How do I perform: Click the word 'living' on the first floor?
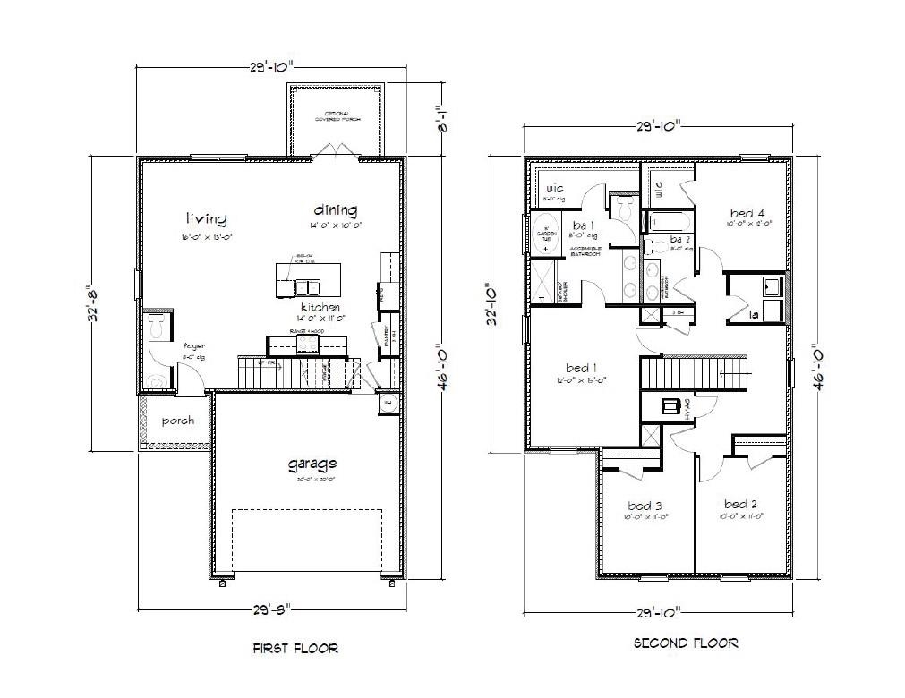(206, 218)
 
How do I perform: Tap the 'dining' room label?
(336, 210)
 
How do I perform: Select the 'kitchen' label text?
(320, 307)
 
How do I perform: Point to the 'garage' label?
(312, 464)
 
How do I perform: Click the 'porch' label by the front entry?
(177, 421)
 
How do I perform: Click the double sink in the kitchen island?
(307, 286)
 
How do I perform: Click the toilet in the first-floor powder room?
(158, 328)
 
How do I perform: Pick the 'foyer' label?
(194, 346)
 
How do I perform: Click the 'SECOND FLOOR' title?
(686, 643)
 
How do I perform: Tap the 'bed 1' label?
(578, 368)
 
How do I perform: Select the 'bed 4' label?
(747, 213)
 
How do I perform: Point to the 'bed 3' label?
(646, 506)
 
